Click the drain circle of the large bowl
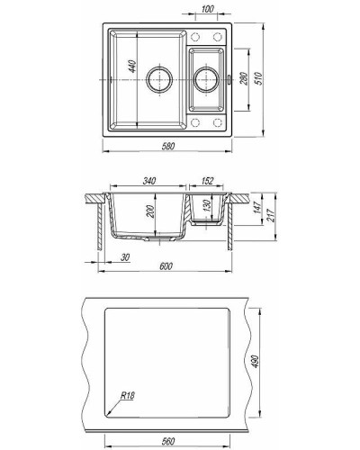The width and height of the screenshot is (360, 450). click(x=159, y=79)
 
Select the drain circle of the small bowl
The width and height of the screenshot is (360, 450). click(x=204, y=79)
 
